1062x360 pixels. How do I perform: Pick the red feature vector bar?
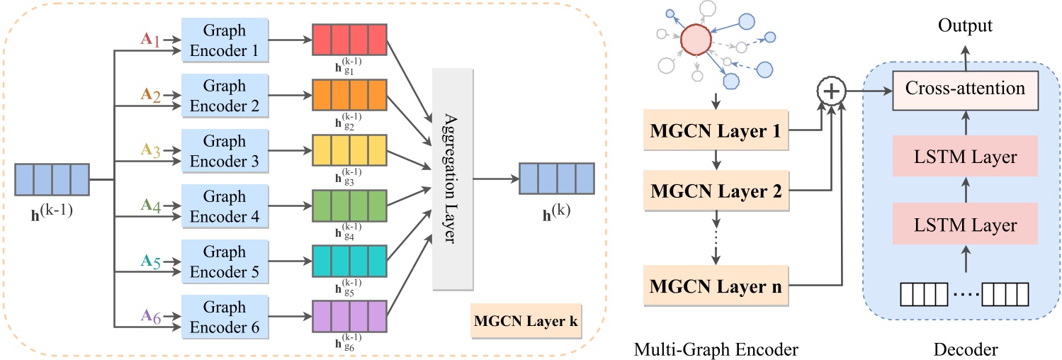[349, 40]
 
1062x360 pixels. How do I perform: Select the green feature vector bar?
[349, 206]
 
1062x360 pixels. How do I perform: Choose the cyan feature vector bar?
[349, 262]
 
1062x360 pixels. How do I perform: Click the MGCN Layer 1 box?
[716, 130]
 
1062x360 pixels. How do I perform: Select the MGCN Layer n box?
[716, 285]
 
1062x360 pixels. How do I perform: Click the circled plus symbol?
[832, 91]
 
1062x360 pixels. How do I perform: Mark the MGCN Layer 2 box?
[716, 191]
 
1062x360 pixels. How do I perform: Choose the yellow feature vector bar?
[349, 151]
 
